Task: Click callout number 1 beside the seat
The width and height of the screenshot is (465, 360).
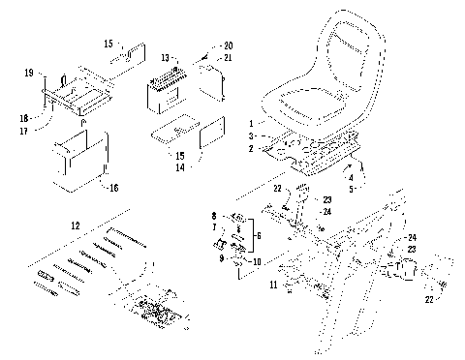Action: pos(251,124)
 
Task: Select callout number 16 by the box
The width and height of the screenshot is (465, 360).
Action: pos(113,188)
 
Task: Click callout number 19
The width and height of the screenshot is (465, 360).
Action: pos(28,72)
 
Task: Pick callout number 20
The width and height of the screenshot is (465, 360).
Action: pos(229,45)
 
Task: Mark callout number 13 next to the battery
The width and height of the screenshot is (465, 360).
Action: pos(165,57)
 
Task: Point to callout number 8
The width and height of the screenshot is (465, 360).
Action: pos(213,214)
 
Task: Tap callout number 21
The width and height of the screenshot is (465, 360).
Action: pos(229,58)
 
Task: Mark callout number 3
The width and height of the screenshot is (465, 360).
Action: pos(251,138)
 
